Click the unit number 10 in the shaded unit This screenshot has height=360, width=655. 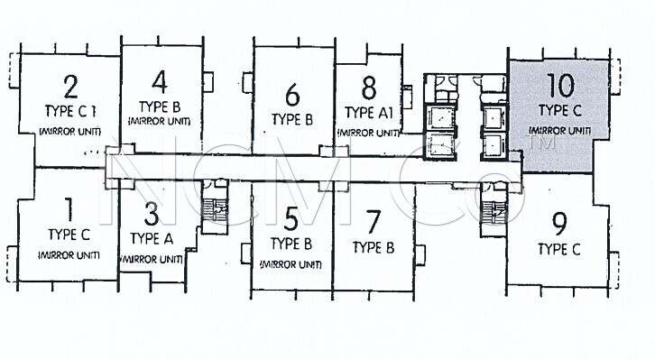560,85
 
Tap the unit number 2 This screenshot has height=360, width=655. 70,87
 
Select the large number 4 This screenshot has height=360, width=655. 160,82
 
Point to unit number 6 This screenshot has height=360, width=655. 292,95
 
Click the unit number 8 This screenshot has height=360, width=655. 369,88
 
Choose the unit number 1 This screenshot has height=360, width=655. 69,209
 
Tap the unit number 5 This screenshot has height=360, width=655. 291,219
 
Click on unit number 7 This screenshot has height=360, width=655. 373,222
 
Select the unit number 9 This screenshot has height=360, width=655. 559,224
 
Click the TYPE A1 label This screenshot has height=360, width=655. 368,113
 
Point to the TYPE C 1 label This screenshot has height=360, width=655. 70,111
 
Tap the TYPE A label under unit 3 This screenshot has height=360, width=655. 152,238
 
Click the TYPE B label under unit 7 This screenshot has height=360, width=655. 373,247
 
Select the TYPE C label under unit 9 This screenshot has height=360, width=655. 559,249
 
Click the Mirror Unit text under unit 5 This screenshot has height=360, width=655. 291,264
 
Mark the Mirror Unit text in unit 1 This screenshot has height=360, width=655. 69,255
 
